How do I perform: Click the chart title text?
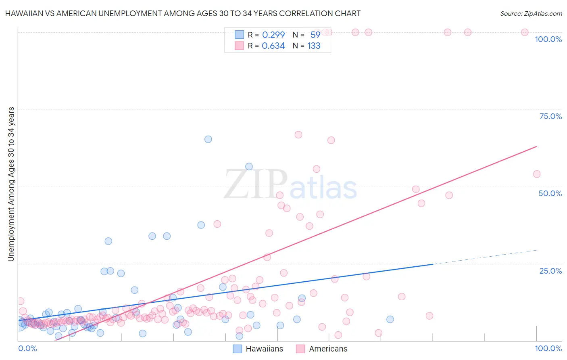tap(183, 13)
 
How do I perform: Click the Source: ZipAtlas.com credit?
tap(531, 13)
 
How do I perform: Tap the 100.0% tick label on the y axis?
tap(548, 39)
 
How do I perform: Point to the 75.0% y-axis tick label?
tap(550, 116)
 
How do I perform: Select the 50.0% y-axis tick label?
tap(550, 193)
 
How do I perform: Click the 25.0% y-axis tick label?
tap(550, 270)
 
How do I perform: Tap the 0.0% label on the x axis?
tap(27, 348)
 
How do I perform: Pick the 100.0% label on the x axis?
tap(548, 348)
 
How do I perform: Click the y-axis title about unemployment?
tap(11, 184)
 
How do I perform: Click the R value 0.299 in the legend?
tap(273, 35)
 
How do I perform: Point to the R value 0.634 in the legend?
tap(273, 46)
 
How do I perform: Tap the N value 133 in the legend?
tap(314, 46)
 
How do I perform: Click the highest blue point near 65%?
tap(208, 139)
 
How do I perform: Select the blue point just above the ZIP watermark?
tap(249, 167)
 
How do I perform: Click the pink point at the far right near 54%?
tap(536, 174)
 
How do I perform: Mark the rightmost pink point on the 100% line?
tap(525, 32)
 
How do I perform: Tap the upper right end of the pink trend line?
tap(536, 147)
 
